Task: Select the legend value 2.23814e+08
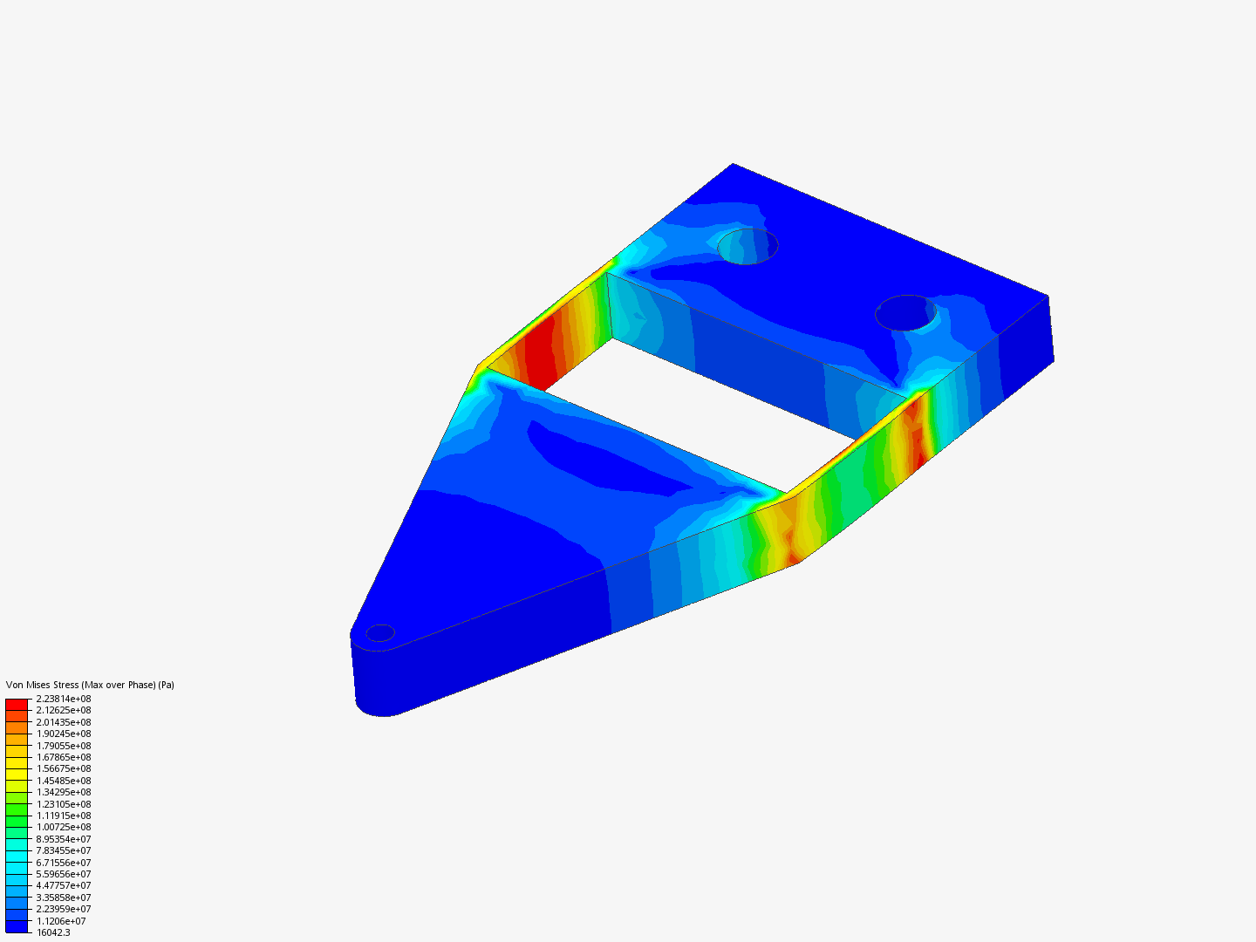(63, 699)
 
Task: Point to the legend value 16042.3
(53, 932)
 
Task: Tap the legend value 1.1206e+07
(61, 921)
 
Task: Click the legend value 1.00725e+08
(63, 827)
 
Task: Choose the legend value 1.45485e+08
(63, 781)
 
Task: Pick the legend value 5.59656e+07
(63, 874)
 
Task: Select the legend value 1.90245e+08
(63, 734)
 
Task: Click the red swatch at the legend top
(17, 704)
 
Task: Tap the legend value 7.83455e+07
(63, 850)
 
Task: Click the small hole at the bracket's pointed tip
(380, 633)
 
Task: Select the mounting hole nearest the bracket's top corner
(747, 246)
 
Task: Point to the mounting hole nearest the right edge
(905, 312)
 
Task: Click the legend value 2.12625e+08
(63, 710)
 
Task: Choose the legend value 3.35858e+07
(63, 898)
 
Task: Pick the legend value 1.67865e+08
(63, 757)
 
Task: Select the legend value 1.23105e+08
(63, 804)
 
